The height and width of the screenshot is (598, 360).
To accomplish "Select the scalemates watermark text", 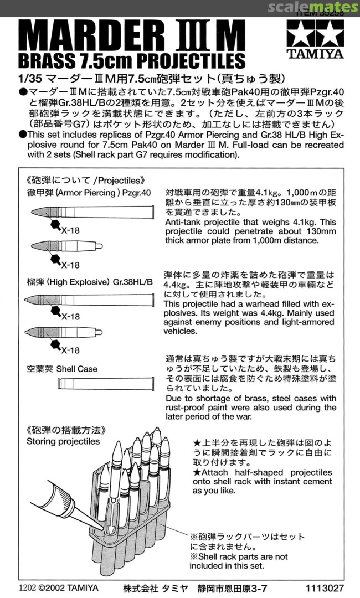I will click(313, 7).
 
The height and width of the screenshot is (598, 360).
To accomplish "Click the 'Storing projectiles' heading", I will click(63, 441).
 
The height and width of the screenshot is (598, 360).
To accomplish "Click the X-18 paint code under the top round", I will click(69, 231).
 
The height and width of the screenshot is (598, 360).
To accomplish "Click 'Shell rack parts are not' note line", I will click(239, 556).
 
